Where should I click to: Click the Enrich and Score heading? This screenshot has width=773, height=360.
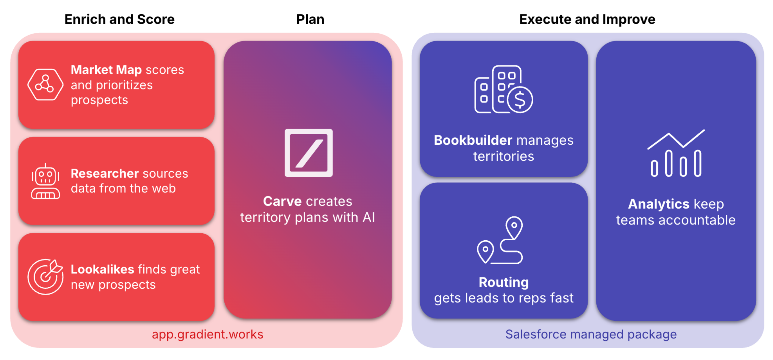[119, 19]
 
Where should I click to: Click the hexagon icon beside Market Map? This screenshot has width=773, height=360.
[45, 84]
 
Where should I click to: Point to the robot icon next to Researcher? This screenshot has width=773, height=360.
[45, 182]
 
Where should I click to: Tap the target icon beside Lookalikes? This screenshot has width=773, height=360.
[45, 276]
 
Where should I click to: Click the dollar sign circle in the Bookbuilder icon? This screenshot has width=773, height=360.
[520, 100]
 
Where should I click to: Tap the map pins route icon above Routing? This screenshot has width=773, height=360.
[500, 240]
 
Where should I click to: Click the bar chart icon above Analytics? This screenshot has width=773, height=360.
[676, 153]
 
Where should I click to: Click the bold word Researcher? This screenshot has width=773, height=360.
[105, 173]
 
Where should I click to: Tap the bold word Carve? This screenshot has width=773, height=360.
[282, 201]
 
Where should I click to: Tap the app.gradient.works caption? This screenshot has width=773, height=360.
[207, 334]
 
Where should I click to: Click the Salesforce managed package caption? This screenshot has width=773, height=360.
[591, 334]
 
